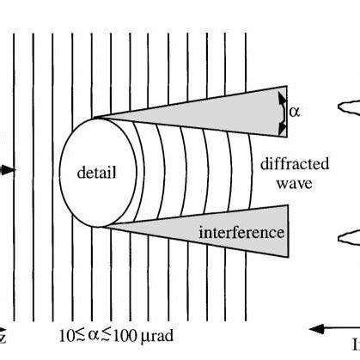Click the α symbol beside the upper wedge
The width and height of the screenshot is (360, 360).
(295, 111)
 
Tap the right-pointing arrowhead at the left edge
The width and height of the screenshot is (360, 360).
(9, 170)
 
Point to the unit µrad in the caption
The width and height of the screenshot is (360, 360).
(151, 333)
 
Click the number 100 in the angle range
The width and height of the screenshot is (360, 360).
(120, 333)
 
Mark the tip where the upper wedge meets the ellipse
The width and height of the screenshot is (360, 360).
(94, 118)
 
